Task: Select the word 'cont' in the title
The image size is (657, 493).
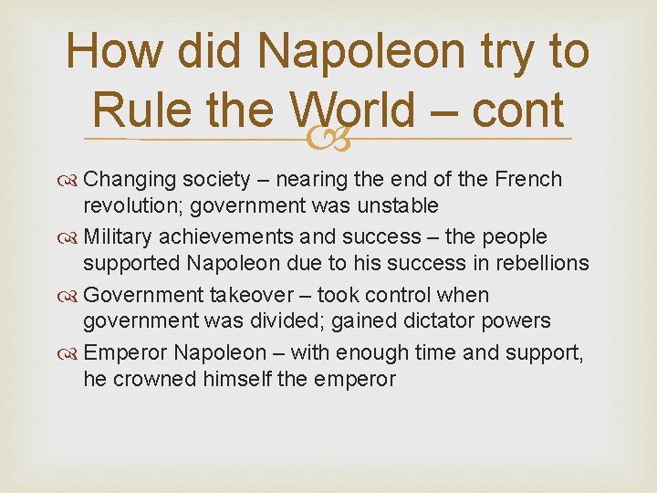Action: (x=519, y=110)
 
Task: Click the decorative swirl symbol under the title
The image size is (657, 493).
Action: (x=328, y=140)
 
